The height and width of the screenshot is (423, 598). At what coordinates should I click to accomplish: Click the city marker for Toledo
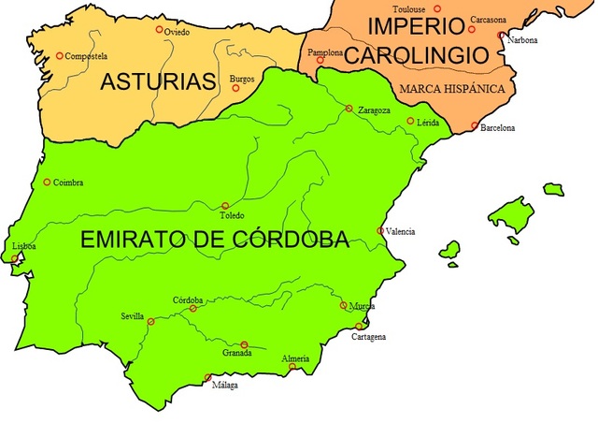click(x=224, y=205)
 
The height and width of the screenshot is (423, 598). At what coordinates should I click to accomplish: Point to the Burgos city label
click(x=241, y=79)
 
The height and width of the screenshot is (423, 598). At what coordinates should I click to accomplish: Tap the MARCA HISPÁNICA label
click(x=451, y=88)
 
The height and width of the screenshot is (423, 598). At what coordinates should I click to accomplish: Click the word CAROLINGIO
click(x=417, y=55)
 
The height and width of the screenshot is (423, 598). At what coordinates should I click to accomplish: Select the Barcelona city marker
click(x=475, y=125)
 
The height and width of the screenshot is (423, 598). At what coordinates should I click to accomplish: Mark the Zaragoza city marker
click(x=349, y=109)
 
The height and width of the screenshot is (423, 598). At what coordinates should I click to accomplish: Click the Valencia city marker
click(x=380, y=230)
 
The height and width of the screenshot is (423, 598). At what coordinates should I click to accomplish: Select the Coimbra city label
click(x=68, y=182)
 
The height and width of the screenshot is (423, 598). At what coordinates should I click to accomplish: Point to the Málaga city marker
click(x=207, y=377)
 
